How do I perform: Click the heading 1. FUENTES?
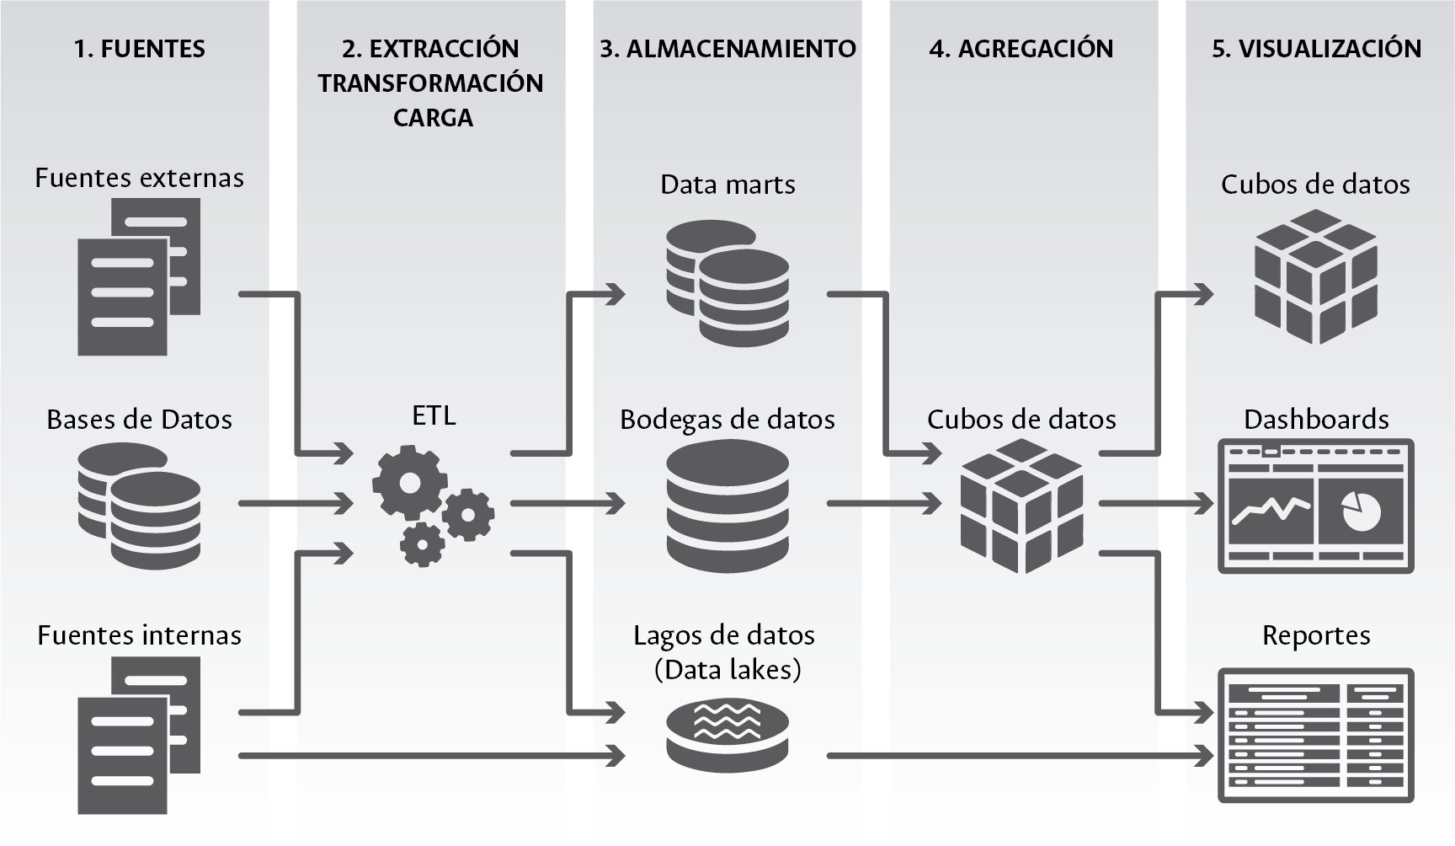(x=139, y=49)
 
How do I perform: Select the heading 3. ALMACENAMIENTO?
(x=727, y=49)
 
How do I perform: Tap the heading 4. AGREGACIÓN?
(x=1021, y=49)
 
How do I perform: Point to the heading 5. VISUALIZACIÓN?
(x=1316, y=49)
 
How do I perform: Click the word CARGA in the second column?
(x=433, y=118)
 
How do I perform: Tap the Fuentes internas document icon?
(x=139, y=735)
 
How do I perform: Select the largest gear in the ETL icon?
(x=410, y=483)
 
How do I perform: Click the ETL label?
(x=434, y=415)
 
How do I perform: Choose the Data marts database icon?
(x=727, y=283)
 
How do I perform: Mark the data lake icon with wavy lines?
(x=727, y=733)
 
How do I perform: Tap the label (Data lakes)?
(x=727, y=670)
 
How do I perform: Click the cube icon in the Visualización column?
(x=1315, y=276)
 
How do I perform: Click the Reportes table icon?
(x=1315, y=735)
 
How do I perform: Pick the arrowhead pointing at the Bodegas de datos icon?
(x=616, y=504)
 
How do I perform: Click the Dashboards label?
(x=1316, y=420)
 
